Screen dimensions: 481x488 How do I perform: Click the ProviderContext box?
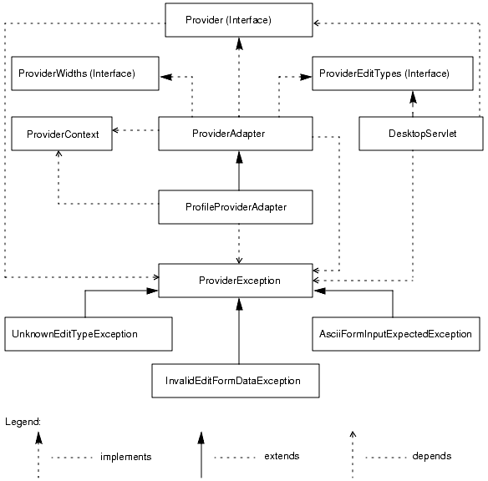tap(62, 134)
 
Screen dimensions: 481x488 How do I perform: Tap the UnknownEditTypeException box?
tap(88, 334)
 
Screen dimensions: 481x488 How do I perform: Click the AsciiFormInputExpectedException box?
tap(395, 334)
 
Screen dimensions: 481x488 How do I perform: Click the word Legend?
tap(23, 422)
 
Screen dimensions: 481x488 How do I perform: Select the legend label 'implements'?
tap(125, 457)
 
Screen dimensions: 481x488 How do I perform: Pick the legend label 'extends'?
tap(282, 457)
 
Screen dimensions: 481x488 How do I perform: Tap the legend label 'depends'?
tap(431, 457)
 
